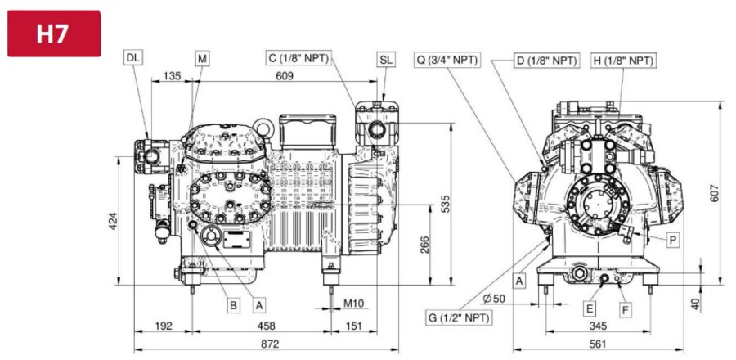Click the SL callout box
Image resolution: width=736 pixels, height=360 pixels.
pos(386,60)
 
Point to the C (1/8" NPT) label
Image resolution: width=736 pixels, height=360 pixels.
pos(299,58)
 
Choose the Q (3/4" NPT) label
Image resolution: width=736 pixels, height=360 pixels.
pos(447,60)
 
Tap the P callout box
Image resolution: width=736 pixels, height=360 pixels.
pos(672,240)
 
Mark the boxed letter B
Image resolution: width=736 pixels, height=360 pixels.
pos(234,304)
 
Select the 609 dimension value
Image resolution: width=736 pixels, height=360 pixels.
pos(284,77)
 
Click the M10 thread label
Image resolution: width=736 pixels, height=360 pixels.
pos(353,304)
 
